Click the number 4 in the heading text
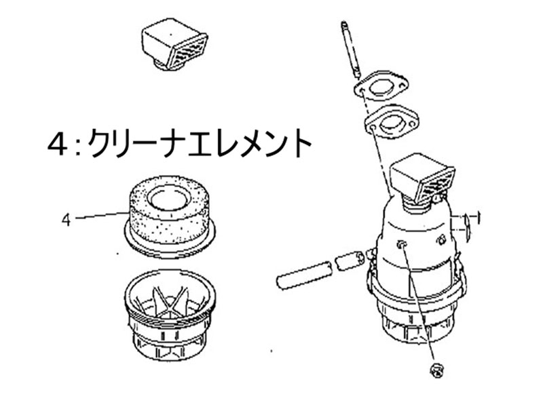point(58,144)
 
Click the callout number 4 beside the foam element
point(66,220)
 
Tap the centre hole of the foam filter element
point(168,198)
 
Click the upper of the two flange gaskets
point(381,87)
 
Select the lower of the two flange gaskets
point(392,122)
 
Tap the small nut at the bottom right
point(436,370)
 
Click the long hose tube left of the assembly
point(304,275)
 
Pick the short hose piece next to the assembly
point(350,261)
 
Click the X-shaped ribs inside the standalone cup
point(168,301)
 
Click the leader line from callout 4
point(100,216)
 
